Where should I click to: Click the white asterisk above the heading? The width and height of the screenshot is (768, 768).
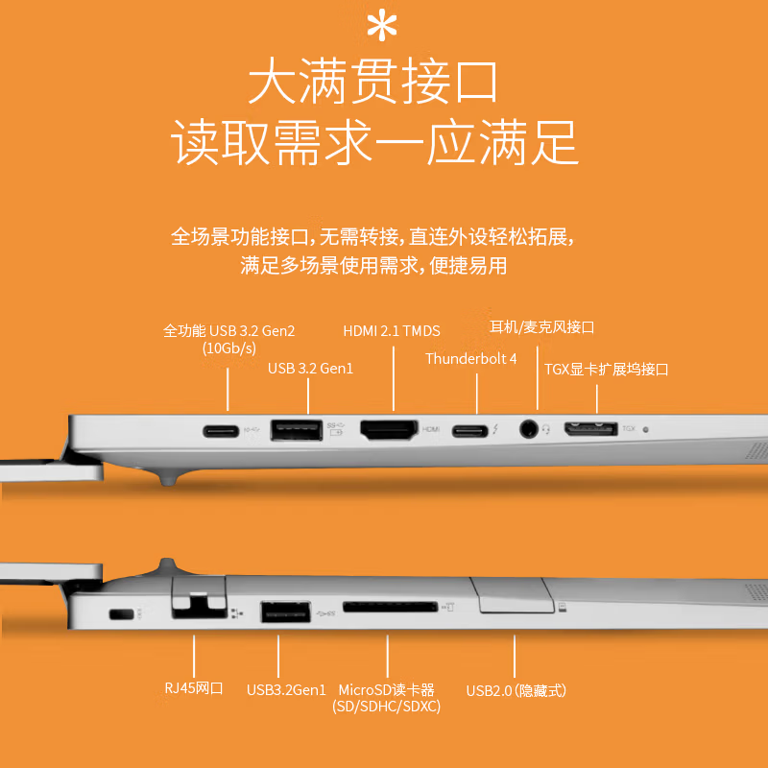point(381,26)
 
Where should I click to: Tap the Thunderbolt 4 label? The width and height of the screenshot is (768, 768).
point(470,358)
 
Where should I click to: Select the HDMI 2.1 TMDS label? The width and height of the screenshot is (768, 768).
point(392,331)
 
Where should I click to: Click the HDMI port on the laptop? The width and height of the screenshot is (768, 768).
point(389,429)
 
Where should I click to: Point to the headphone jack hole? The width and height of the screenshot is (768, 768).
point(528,429)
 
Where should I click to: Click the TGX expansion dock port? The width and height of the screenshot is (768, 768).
point(590,429)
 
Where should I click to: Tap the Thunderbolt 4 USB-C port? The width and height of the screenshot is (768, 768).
point(469,430)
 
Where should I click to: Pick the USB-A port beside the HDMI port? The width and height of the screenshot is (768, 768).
point(297,430)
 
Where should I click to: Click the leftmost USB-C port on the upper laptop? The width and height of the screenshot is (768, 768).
point(221,431)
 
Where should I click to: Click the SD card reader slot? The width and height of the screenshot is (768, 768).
point(390,607)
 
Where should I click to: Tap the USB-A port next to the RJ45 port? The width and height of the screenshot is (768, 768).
point(285,612)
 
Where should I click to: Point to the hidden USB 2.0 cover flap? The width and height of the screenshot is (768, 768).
point(513,594)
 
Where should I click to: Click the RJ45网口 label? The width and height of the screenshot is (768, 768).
point(194,688)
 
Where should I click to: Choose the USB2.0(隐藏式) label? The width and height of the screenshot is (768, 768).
point(516,690)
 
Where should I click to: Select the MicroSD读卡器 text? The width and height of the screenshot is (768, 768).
point(387,689)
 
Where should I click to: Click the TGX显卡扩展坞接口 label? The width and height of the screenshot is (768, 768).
point(607,369)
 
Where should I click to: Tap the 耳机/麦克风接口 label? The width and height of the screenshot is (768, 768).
point(541,326)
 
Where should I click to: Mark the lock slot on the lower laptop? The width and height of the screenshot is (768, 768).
point(121,613)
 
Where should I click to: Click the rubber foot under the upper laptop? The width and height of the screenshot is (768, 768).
point(168,476)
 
